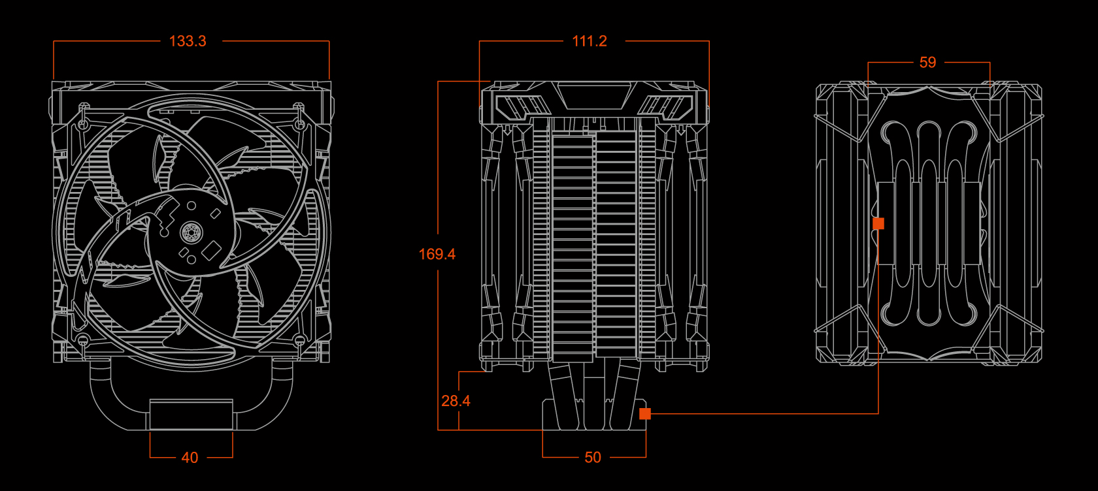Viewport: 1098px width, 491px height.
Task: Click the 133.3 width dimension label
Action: click(x=188, y=41)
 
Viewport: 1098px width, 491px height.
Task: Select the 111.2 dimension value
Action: click(x=590, y=41)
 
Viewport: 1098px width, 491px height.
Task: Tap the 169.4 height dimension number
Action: click(x=437, y=254)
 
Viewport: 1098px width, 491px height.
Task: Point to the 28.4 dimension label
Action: click(x=456, y=401)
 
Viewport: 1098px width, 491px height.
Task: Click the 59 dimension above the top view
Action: click(x=927, y=63)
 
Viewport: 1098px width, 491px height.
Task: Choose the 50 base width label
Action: click(x=593, y=458)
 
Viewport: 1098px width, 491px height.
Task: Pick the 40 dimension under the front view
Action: click(x=190, y=458)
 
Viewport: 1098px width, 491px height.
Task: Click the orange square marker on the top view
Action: click(x=878, y=224)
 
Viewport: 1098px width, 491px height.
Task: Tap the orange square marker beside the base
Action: click(x=645, y=413)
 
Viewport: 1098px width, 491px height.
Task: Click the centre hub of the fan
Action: click(x=191, y=230)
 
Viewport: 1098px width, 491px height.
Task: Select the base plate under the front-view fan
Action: click(x=191, y=414)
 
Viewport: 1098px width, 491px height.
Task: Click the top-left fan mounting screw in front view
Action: click(x=83, y=123)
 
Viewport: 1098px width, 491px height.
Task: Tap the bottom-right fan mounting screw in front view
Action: click(x=299, y=340)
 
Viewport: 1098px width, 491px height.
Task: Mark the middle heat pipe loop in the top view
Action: click(x=928, y=222)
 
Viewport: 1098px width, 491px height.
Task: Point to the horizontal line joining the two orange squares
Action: click(x=761, y=413)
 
